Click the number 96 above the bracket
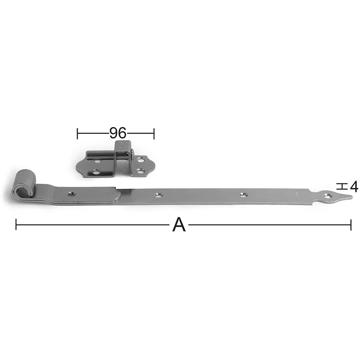point(118,133)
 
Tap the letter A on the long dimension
point(179,225)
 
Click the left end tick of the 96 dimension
point(77,134)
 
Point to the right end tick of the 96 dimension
point(154,134)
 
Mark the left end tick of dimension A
point(16,225)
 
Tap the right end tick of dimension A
point(351,225)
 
